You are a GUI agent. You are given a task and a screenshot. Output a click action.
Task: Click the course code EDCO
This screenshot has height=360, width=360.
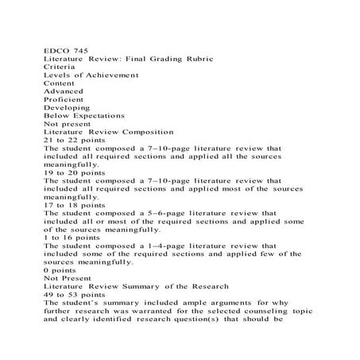(x=56, y=50)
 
